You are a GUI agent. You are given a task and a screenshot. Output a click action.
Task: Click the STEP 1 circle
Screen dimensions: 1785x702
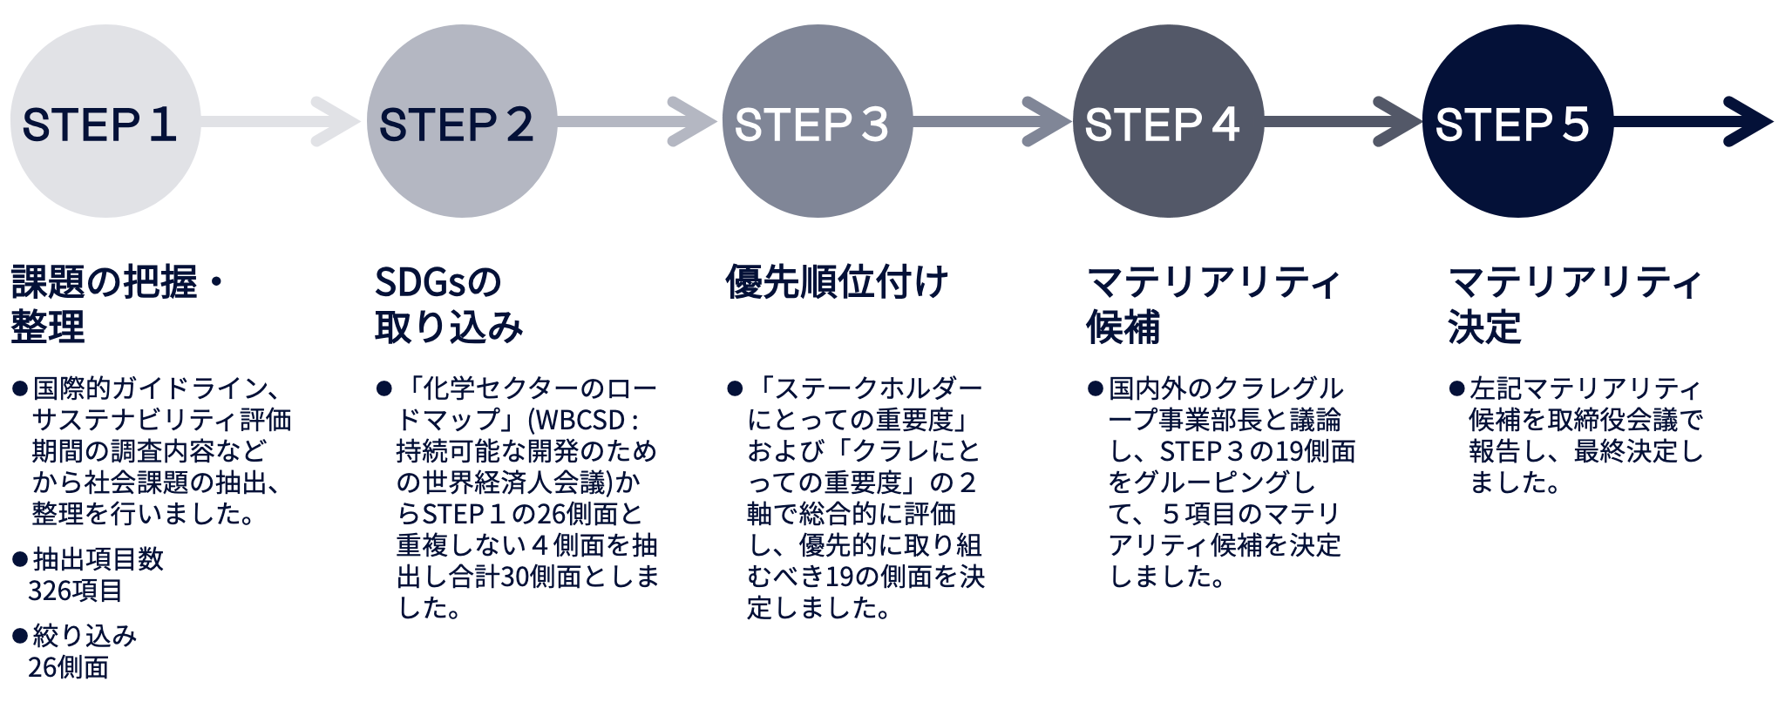click(105, 121)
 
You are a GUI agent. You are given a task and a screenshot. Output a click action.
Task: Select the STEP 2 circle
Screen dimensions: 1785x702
click(462, 121)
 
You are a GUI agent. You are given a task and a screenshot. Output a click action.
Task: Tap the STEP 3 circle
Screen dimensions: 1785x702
click(818, 121)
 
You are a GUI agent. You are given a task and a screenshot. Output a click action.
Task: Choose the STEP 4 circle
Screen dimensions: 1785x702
click(1168, 121)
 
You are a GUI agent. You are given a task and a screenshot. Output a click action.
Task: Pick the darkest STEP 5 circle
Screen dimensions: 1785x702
click(1517, 121)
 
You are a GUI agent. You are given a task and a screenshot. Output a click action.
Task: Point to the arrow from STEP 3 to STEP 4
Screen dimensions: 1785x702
click(993, 122)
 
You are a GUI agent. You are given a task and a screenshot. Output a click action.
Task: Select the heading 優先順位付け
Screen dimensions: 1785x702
click(837, 282)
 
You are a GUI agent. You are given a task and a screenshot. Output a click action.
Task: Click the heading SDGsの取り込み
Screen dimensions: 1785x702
click(449, 305)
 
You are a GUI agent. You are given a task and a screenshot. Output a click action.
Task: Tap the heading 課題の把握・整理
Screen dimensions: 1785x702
click(118, 305)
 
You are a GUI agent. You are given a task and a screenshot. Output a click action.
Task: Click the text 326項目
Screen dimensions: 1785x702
click(75, 591)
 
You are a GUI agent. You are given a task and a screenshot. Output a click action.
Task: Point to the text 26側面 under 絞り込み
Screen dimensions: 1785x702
click(68, 667)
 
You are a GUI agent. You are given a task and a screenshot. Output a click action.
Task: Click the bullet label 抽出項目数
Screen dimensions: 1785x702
click(98, 559)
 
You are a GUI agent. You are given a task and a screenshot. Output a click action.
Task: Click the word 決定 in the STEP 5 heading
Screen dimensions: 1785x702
click(1484, 327)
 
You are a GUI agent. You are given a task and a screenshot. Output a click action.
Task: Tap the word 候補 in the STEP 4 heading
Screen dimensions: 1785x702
click(1123, 327)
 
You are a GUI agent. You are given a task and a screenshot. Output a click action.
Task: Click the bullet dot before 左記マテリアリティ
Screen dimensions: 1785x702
click(1456, 388)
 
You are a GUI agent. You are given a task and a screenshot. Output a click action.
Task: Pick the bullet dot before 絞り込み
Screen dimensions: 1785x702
click(20, 637)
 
